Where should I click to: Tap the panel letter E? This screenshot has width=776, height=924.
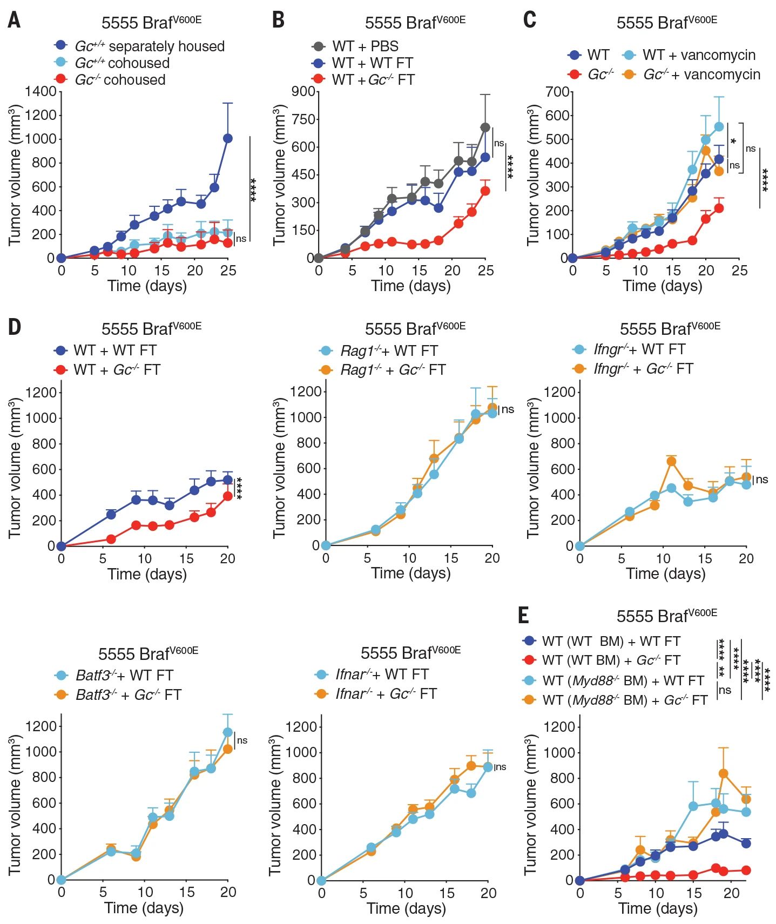click(523, 615)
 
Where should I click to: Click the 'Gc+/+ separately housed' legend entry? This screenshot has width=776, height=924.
click(139, 46)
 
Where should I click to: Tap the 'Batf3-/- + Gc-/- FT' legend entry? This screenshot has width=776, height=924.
click(118, 694)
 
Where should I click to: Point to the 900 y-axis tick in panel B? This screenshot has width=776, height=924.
click(303, 91)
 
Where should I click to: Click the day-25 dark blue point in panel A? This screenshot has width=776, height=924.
click(228, 139)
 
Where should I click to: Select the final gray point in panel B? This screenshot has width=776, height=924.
click(485, 127)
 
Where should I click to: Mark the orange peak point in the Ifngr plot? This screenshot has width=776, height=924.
click(671, 461)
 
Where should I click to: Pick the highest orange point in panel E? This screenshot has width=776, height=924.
click(724, 774)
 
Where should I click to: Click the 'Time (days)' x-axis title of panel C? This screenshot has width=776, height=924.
click(663, 286)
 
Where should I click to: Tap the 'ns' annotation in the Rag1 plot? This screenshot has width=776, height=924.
click(508, 409)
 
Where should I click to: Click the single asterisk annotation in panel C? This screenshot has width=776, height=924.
click(733, 142)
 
